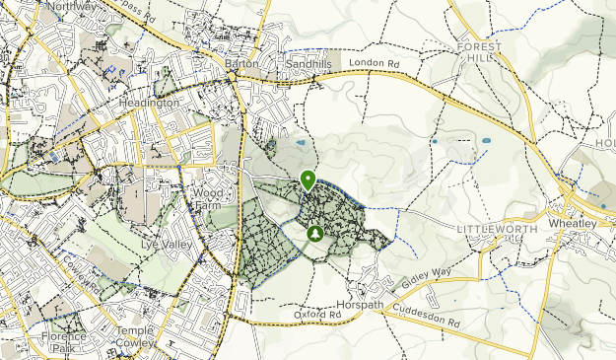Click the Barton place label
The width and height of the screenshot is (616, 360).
click(241, 64)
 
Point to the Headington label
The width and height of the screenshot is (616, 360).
click(149, 103)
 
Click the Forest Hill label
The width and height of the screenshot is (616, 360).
click(480, 52)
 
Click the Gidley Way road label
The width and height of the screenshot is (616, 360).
click(426, 283)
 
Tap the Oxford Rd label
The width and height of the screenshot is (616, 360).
click(317, 315)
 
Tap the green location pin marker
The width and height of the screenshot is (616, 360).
click(308, 180)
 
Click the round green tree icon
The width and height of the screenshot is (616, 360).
click(314, 234)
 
